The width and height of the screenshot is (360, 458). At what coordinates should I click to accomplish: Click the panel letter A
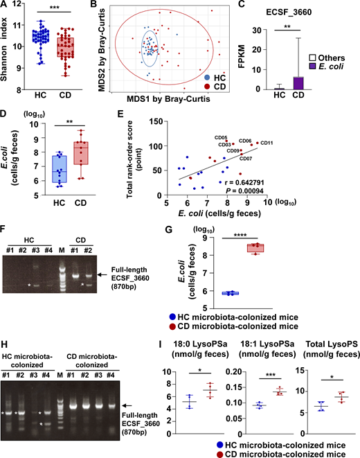pyautogui.click(x=5, y=6)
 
